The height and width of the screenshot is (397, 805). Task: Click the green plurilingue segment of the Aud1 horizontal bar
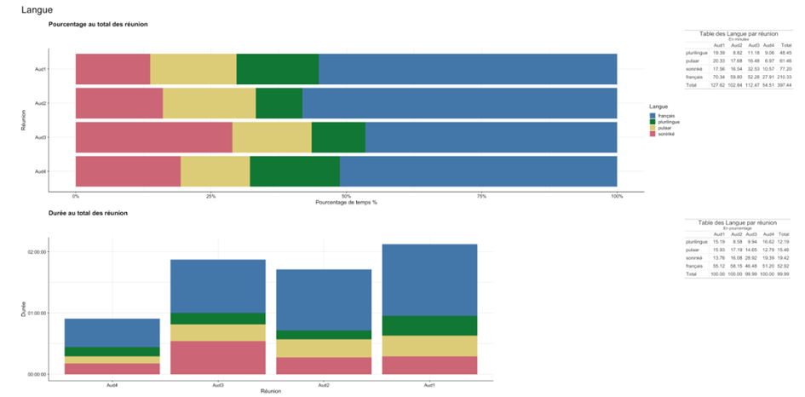(278, 69)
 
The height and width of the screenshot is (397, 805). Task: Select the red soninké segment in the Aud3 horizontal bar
(153, 137)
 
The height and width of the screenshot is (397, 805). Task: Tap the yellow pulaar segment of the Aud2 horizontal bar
(209, 103)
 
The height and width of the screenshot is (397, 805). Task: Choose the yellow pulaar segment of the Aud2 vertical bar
(323, 348)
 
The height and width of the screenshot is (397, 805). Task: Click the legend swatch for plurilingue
(653, 122)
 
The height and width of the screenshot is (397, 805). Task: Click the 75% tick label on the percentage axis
(481, 196)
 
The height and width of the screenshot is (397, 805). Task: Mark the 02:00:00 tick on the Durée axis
(37, 252)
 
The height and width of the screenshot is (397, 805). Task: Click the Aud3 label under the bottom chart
(217, 384)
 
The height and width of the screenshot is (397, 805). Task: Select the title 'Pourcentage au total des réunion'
(98, 24)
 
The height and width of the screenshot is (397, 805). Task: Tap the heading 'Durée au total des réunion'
(89, 212)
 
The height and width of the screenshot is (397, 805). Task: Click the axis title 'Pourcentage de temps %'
(346, 203)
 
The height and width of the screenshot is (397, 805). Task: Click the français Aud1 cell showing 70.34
(719, 77)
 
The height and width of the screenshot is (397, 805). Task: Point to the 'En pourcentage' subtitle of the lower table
(738, 228)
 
